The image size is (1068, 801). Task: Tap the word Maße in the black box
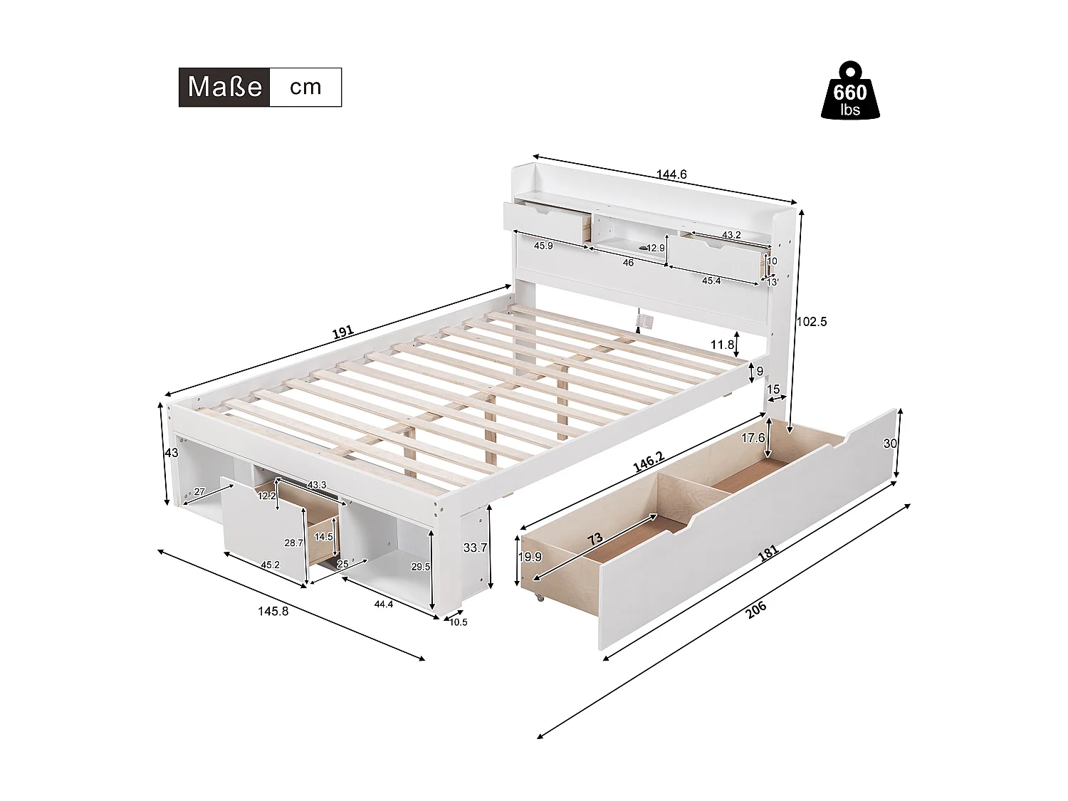[x=224, y=87]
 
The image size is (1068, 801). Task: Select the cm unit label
[x=305, y=87]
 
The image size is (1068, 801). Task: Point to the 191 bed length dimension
[x=343, y=333]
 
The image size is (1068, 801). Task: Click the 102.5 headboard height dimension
[x=811, y=321]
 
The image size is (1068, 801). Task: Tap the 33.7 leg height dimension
[x=475, y=548]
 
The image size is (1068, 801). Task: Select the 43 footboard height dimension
[x=171, y=453]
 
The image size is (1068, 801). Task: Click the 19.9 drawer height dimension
[x=529, y=557]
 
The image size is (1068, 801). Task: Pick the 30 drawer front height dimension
[x=889, y=443]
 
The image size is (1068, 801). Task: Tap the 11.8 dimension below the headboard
[x=722, y=345]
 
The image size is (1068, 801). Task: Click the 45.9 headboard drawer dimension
[x=543, y=246]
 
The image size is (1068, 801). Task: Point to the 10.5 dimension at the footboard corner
[x=459, y=622]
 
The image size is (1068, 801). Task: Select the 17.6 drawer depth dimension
[x=753, y=439]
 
